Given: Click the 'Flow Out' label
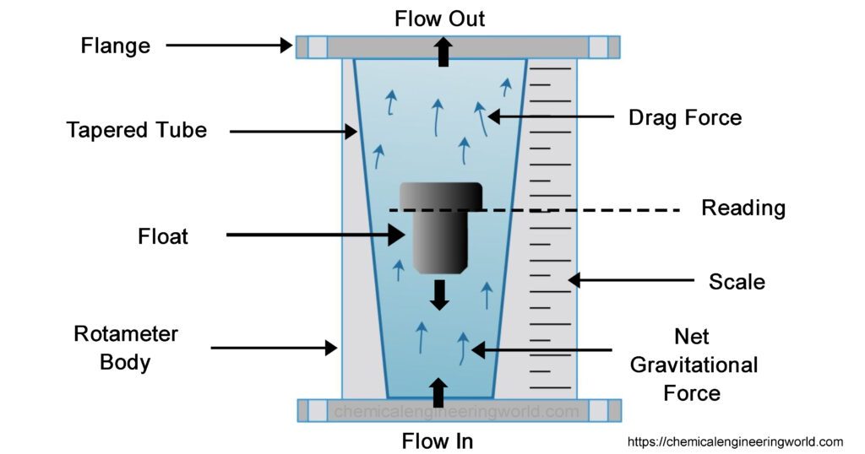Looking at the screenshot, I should point(440,18).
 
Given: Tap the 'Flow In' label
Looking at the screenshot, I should point(437,440).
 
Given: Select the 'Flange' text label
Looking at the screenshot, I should point(116,46).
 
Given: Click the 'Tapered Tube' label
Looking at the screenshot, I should point(137,131).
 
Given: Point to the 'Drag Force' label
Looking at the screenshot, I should point(685,117).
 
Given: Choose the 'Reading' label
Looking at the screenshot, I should point(743,208).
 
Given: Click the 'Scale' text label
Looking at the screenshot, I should point(737,281).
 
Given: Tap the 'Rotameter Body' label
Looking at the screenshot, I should point(126,348).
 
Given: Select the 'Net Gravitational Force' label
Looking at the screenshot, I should point(692,365).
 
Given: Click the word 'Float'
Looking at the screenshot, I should point(163,236).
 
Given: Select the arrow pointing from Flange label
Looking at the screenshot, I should point(228,46).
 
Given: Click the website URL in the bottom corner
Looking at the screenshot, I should point(735,441).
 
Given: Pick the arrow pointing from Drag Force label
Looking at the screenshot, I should point(549,116).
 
